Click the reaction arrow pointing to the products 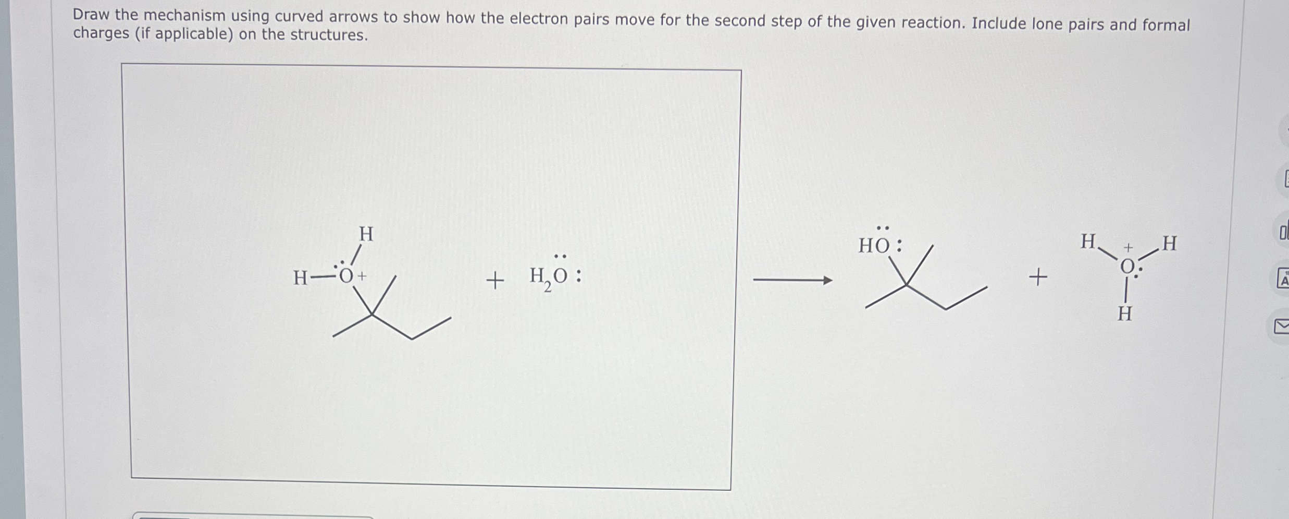(x=792, y=281)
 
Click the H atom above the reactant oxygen (x=366, y=234)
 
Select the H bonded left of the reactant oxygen (x=300, y=278)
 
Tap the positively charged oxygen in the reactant (x=346, y=276)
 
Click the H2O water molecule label (x=548, y=276)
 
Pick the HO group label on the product (x=874, y=246)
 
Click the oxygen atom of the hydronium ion (x=1127, y=267)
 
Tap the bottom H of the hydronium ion (x=1125, y=314)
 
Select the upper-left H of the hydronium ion (x=1088, y=242)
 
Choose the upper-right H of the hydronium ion (x=1170, y=243)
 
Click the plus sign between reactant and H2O (x=495, y=281)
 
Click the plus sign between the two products (x=1038, y=276)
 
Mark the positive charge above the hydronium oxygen (x=1128, y=248)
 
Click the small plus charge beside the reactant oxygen (x=362, y=276)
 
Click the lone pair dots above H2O (x=560, y=257)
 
